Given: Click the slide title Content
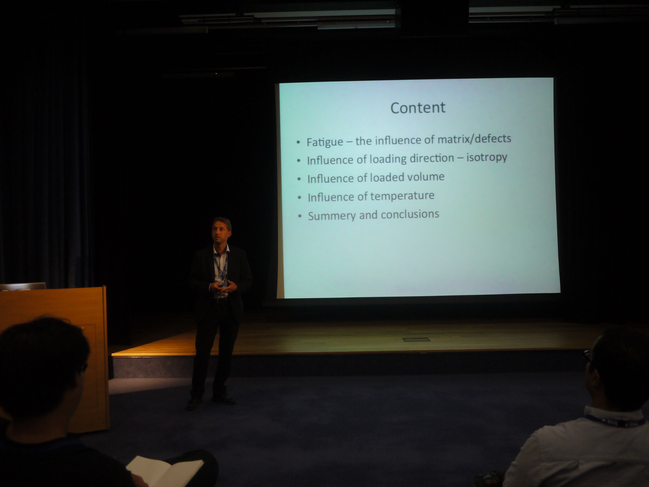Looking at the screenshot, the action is (x=418, y=108).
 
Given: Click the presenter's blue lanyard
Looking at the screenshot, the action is (x=220, y=267).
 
